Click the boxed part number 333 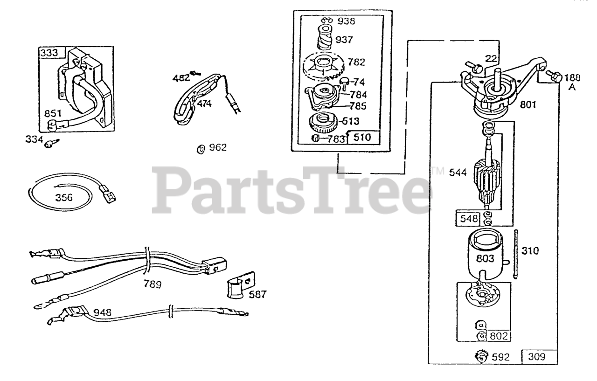coord(49,53)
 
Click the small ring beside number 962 coord(201,149)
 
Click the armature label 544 coord(458,173)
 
